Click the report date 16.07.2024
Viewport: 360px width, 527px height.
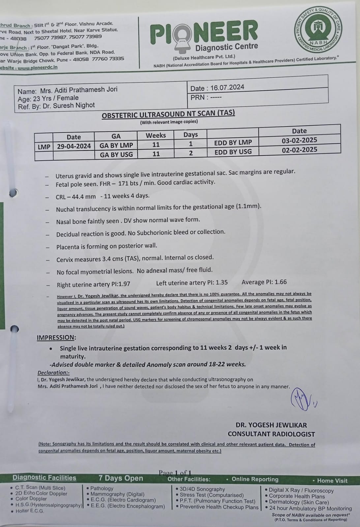click(x=227, y=88)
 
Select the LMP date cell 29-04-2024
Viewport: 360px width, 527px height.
click(x=74, y=146)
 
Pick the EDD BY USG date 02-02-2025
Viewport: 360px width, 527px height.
click(x=299, y=150)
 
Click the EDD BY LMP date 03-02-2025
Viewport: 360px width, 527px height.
click(x=299, y=140)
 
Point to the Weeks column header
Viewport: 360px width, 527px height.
click(x=156, y=135)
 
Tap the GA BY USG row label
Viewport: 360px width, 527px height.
click(x=116, y=155)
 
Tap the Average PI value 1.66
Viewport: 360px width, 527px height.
click(x=281, y=282)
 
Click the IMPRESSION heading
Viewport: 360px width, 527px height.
click(x=56, y=337)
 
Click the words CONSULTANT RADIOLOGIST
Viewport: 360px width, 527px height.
click(x=271, y=434)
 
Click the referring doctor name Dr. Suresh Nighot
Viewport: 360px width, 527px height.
click(x=69, y=106)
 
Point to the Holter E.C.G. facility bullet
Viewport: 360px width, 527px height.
click(x=30, y=511)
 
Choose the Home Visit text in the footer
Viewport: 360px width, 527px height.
click(x=332, y=481)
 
